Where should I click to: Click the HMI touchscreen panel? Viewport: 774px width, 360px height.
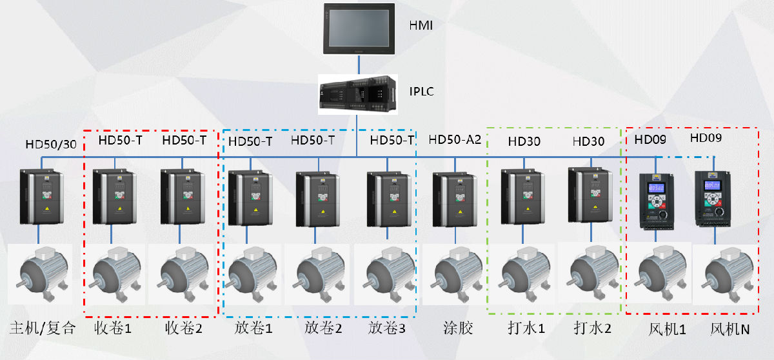click(359, 29)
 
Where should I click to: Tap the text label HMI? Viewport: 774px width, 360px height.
click(421, 26)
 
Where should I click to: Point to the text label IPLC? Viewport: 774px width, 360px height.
click(421, 91)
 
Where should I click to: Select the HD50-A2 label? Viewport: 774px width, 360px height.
click(455, 140)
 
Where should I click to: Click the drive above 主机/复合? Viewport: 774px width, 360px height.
click(41, 197)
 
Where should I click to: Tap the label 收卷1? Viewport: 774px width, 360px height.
click(113, 328)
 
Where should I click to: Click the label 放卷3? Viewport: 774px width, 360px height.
click(387, 328)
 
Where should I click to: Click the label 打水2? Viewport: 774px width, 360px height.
click(592, 328)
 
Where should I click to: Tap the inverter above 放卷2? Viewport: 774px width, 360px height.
click(315, 199)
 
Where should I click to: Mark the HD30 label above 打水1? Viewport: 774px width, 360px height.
click(524, 141)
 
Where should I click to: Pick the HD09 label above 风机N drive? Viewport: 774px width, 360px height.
click(706, 138)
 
